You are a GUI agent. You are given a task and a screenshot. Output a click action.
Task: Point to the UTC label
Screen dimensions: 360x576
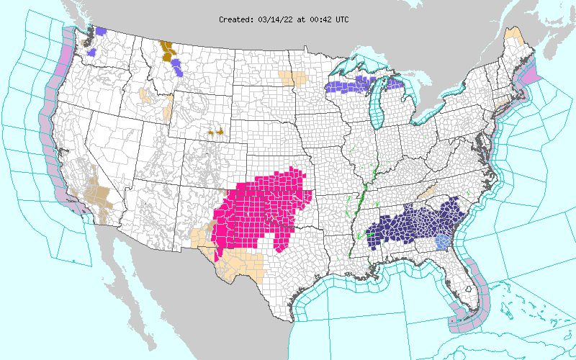(341, 19)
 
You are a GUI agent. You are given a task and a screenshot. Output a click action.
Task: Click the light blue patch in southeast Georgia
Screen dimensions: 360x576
(444, 243)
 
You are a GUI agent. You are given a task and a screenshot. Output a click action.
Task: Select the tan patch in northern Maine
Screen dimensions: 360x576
(513, 33)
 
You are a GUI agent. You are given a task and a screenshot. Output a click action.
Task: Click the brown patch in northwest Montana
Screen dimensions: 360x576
(167, 49)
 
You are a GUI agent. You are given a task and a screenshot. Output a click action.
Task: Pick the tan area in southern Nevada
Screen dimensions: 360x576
(96, 194)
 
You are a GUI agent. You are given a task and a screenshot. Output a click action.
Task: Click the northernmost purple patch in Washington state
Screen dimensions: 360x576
(102, 32)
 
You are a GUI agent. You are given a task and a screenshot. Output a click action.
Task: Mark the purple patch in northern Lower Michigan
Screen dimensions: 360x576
(394, 84)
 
